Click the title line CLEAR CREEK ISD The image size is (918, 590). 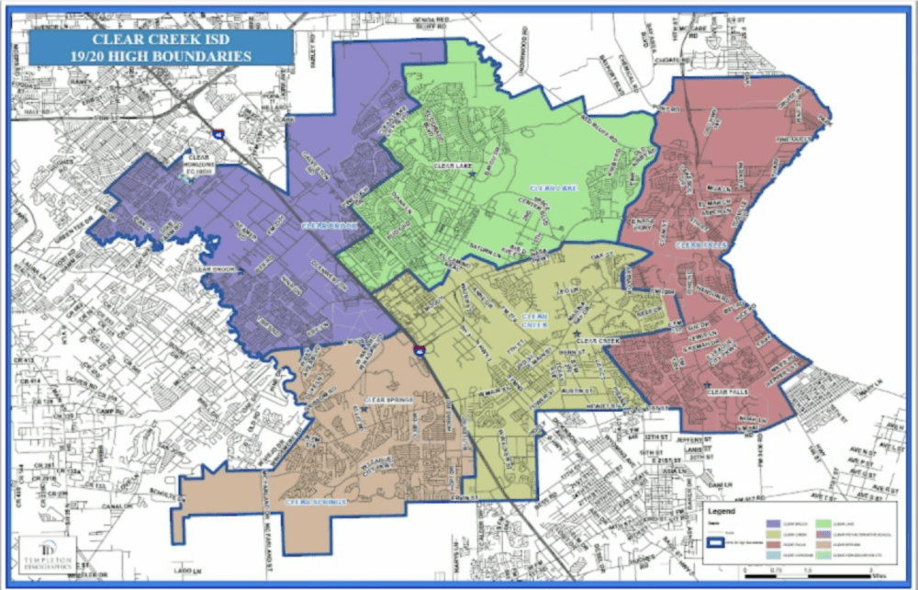[161, 40]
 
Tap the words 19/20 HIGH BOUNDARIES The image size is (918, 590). [161, 56]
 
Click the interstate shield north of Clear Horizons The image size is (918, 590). [218, 134]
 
